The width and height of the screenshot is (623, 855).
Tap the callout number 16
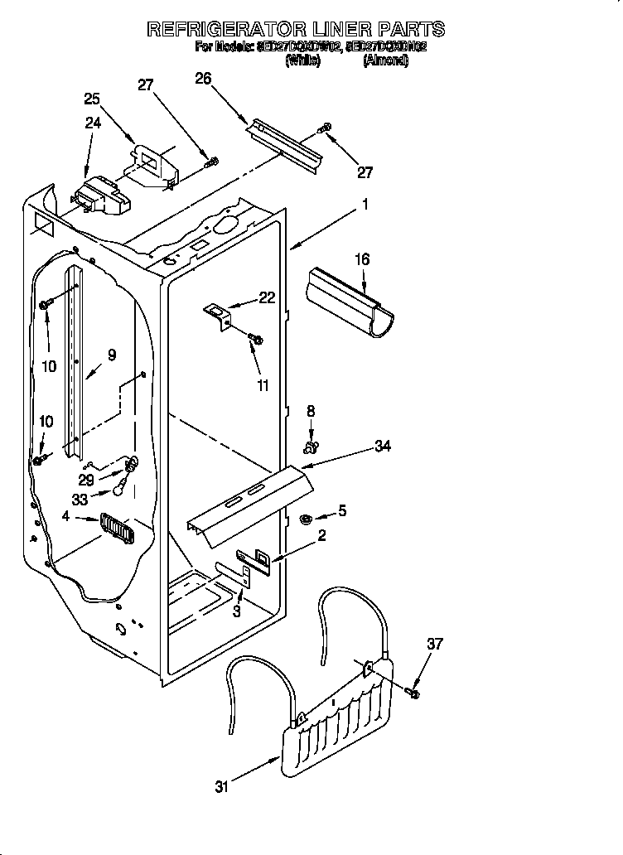click(361, 259)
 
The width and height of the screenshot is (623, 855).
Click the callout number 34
click(382, 447)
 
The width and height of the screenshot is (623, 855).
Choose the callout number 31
click(220, 787)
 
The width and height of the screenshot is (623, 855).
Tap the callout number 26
click(203, 79)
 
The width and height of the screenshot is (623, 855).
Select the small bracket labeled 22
click(219, 314)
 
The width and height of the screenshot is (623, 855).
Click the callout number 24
click(92, 123)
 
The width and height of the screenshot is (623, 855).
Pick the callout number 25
click(92, 99)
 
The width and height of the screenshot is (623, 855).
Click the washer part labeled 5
click(305, 519)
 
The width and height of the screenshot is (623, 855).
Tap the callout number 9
click(111, 355)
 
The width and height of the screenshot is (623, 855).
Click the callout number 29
click(85, 480)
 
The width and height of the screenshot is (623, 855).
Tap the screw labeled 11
click(256, 340)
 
